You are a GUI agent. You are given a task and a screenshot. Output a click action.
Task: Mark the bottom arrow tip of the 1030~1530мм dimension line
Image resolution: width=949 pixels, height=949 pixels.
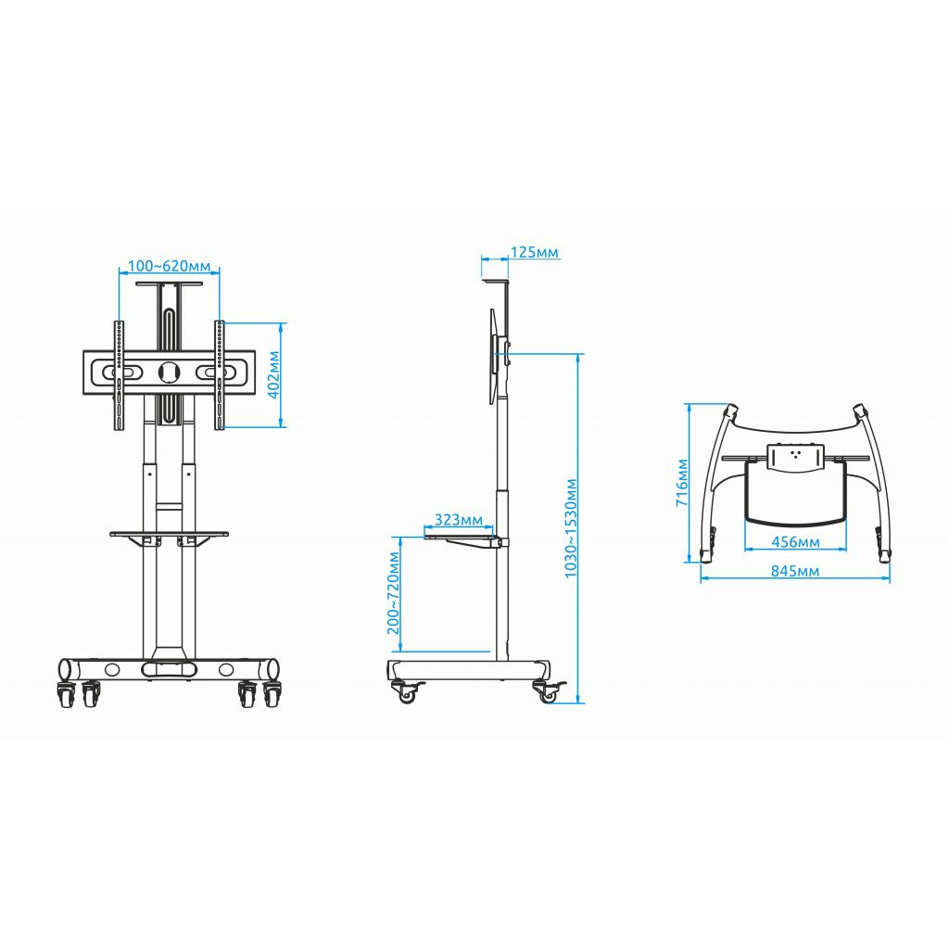[578, 702]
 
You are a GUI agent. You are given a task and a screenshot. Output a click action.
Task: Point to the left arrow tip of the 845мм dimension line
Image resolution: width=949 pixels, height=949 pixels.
[701, 578]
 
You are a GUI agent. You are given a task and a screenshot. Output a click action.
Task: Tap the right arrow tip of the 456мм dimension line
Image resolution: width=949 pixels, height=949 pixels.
[845, 549]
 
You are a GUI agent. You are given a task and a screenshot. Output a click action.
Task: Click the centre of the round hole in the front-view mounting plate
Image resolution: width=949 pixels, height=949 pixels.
[170, 372]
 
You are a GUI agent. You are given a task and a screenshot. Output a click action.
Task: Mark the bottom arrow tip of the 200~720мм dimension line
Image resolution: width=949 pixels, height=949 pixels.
[400, 652]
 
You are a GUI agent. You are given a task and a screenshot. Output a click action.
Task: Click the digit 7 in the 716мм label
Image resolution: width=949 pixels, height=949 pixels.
[682, 501]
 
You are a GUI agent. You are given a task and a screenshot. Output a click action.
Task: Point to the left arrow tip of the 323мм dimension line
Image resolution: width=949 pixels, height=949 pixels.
[424, 527]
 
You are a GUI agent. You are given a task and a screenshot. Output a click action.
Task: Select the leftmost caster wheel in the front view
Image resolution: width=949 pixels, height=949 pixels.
[65, 695]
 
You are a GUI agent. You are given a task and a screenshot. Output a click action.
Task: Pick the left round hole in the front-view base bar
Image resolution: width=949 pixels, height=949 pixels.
[112, 669]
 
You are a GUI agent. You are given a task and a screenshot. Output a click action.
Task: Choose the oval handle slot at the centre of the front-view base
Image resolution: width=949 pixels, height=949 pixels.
[170, 669]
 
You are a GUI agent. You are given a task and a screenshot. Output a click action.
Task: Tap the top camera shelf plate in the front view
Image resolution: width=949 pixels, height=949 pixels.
[170, 284]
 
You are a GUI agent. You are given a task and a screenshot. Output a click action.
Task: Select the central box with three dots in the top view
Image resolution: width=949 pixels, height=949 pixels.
[794, 457]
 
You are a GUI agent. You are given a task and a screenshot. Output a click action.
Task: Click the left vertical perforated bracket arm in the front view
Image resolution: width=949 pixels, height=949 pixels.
[120, 375]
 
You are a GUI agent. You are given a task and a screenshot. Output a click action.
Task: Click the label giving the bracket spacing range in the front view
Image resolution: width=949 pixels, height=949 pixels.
[169, 266]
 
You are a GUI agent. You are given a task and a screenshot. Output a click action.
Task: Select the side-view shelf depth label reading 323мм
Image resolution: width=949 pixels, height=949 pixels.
[459, 519]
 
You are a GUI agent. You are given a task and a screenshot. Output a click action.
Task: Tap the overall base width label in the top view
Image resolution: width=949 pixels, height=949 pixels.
[795, 571]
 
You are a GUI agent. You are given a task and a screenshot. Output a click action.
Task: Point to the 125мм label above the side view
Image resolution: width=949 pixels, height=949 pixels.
[535, 252]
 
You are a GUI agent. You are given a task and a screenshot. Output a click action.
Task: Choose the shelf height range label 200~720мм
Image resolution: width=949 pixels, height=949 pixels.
[393, 592]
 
